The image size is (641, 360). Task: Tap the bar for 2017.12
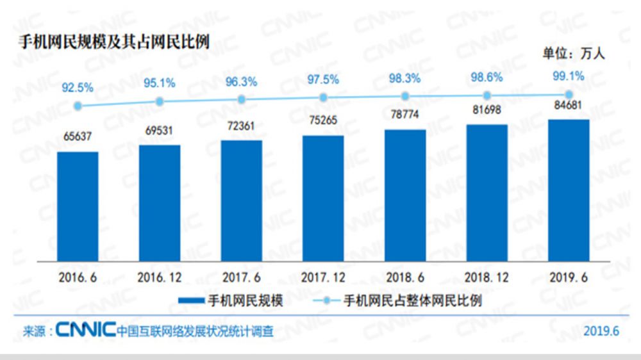[x=323, y=199]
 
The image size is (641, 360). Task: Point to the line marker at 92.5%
[x=78, y=106]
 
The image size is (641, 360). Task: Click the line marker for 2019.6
[x=569, y=95]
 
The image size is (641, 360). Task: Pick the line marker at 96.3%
[x=242, y=99]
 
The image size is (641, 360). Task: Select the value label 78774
[x=405, y=117]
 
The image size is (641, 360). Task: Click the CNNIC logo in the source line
[x=85, y=331]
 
